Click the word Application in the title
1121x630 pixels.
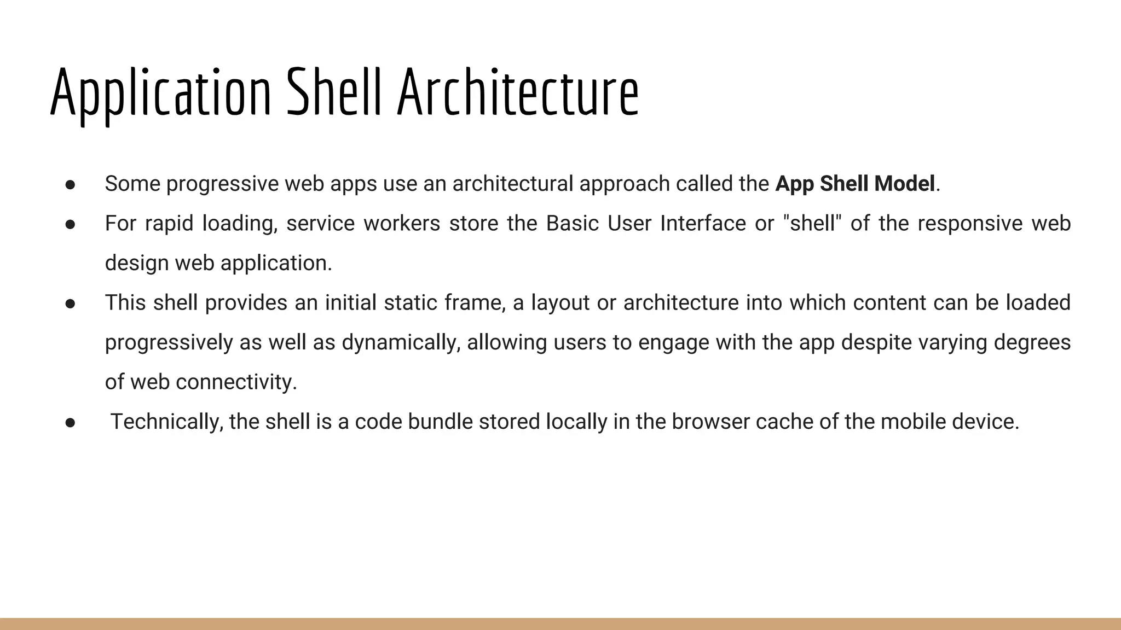(160, 93)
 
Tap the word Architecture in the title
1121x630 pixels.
(518, 93)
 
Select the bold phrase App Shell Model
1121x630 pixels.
(855, 184)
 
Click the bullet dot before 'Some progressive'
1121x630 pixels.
(70, 185)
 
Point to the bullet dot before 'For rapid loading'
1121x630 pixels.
(70, 225)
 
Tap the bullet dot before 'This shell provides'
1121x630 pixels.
(70, 304)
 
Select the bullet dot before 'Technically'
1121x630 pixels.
(70, 423)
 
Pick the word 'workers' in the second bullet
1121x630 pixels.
(402, 224)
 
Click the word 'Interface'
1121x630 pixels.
(703, 224)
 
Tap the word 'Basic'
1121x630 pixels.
(573, 224)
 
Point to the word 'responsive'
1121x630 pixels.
(970, 224)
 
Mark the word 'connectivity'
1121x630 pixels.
(236, 382)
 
